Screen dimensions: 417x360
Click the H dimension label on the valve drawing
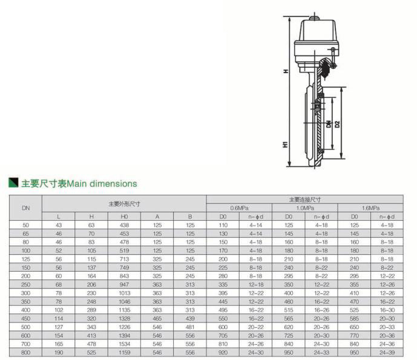(286, 71)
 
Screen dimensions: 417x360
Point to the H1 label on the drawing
(285, 145)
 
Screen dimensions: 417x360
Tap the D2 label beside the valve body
(338, 124)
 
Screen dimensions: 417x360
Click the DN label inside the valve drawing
(329, 124)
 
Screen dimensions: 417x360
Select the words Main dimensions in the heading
(102, 184)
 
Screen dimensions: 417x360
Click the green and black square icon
(13, 182)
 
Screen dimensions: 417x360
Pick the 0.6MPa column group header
(239, 208)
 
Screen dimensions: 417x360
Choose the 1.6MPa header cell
(370, 208)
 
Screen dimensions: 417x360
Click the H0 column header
(124, 217)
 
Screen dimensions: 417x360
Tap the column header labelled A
(157, 217)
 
